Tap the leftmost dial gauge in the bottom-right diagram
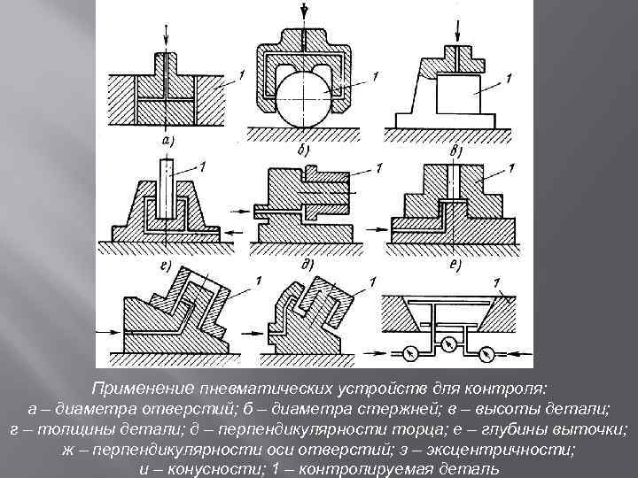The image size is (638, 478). (408, 352)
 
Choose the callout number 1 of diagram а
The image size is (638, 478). (230, 81)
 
